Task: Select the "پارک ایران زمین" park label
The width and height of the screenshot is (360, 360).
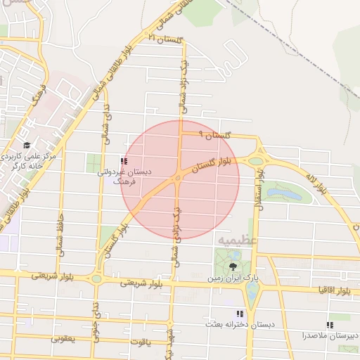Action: [233, 278]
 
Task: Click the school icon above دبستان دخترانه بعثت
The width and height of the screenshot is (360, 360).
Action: [239, 314]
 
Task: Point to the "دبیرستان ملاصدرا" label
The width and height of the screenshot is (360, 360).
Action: [331, 335]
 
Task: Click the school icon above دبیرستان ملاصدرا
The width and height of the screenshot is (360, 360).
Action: [330, 325]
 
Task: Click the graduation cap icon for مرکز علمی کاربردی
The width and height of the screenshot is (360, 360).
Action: [27, 144]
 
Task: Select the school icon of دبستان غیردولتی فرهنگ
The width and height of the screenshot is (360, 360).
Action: [124, 162]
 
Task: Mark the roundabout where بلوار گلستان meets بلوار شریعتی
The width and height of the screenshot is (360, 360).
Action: [96, 278]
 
